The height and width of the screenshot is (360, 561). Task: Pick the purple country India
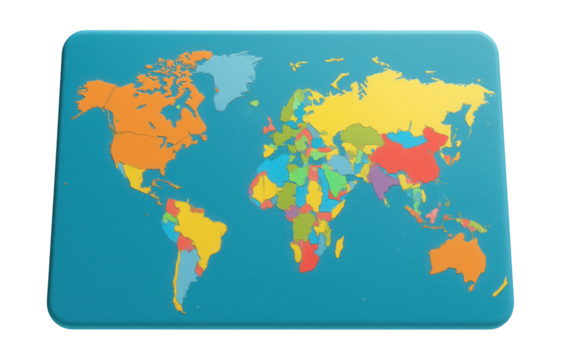point(380,180)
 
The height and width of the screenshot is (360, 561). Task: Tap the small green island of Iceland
point(254,103)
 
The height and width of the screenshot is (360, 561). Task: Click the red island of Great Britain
point(270,126)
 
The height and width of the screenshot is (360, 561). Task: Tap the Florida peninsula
point(162,177)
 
